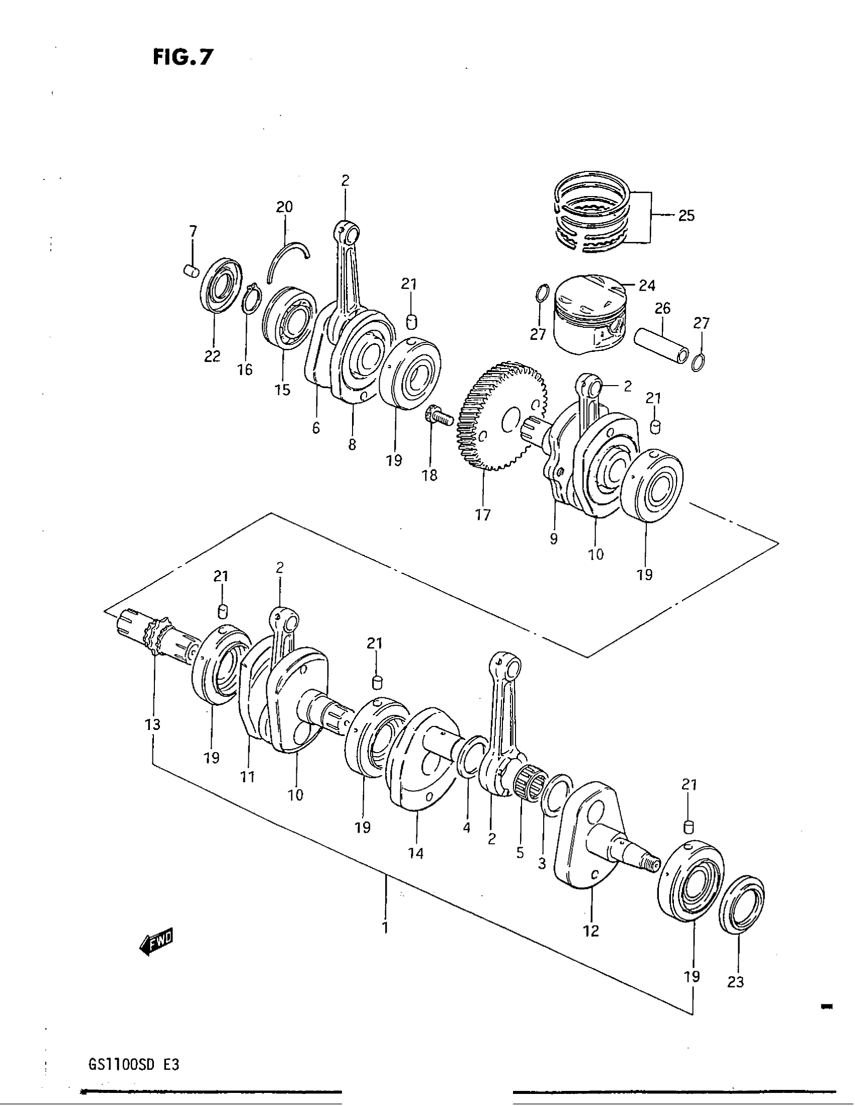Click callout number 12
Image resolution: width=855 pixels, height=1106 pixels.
coord(591,930)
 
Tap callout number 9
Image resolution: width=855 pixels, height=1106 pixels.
coord(554,539)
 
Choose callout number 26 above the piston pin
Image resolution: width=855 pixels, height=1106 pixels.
coord(662,308)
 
